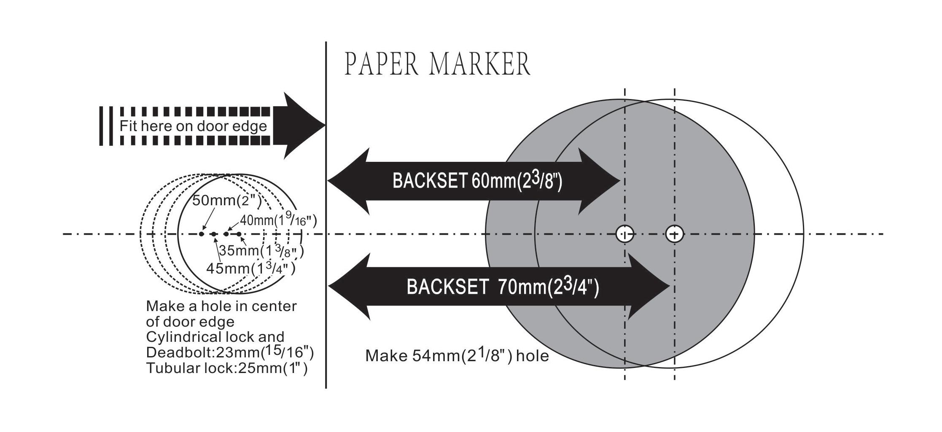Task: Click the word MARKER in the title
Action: (x=480, y=64)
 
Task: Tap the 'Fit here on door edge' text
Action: (x=193, y=126)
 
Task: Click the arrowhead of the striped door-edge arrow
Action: (x=304, y=125)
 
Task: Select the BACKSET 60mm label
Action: (x=477, y=181)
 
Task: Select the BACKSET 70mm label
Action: (x=503, y=287)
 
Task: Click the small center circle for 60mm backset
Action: (x=625, y=234)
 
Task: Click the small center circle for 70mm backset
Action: (x=675, y=234)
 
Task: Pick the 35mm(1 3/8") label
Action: (x=261, y=251)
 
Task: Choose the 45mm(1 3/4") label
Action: (x=251, y=268)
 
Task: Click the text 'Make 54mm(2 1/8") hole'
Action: (x=457, y=356)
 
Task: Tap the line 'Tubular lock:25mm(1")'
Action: (x=227, y=368)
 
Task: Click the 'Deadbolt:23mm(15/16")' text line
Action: (x=230, y=352)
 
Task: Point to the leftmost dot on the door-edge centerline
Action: (x=202, y=234)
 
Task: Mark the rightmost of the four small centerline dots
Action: (x=239, y=234)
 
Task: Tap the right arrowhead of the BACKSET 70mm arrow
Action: (x=649, y=286)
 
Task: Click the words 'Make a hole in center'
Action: (x=221, y=306)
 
